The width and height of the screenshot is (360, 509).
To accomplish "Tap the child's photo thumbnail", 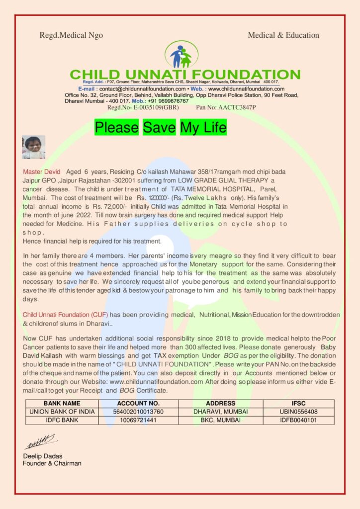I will pyautogui.click(x=33, y=147).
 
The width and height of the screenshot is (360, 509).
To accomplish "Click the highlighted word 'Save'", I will pyautogui.click(x=159, y=128).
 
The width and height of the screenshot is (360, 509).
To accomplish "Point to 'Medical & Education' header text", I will pyautogui.click(x=283, y=35).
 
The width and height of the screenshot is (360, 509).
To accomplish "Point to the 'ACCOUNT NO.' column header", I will pyautogui.click(x=138, y=403).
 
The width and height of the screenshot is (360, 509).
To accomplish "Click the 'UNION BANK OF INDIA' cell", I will pyautogui.click(x=62, y=412).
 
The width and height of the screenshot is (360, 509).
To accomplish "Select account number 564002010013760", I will pyautogui.click(x=138, y=412).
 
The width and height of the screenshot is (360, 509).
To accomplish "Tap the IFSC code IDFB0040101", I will pyautogui.click(x=298, y=420).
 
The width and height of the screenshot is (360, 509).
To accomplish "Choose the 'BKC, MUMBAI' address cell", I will pyautogui.click(x=217, y=420).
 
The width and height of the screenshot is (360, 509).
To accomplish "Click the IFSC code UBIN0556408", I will pyautogui.click(x=298, y=412).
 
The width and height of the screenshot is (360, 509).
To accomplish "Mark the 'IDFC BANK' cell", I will pyautogui.click(x=62, y=420).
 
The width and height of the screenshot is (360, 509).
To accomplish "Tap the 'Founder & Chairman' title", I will pyautogui.click(x=52, y=463).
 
